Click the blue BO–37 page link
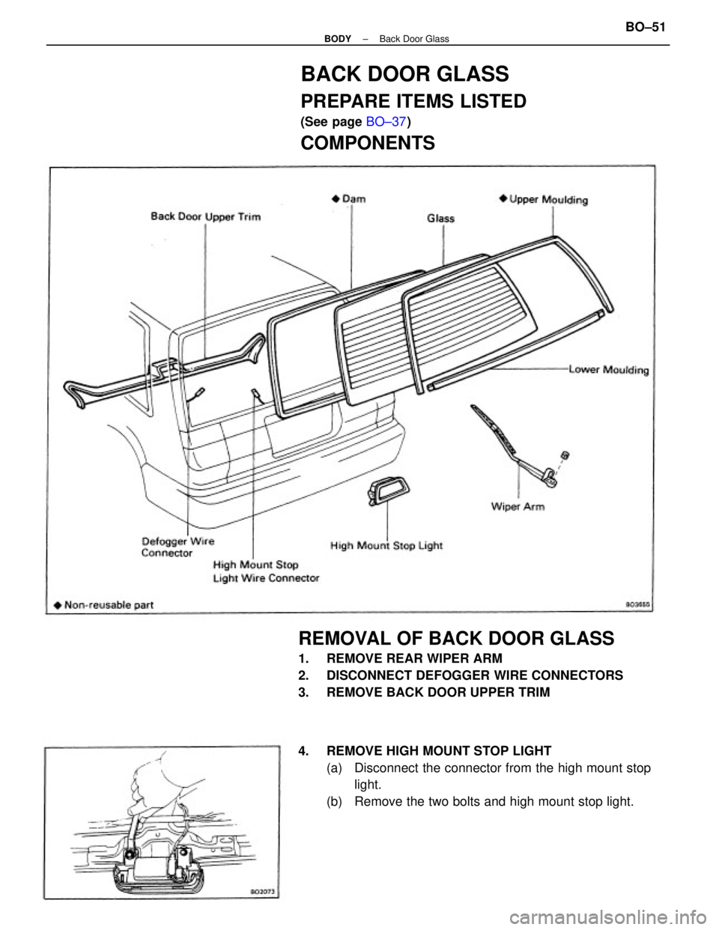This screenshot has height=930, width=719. tap(386, 121)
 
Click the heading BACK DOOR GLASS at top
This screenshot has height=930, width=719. tap(404, 74)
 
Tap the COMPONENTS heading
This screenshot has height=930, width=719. tap(367, 143)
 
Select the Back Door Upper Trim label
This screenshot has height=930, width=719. tap(205, 216)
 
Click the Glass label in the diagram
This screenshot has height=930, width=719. tap(440, 218)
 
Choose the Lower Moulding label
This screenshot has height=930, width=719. tap(608, 370)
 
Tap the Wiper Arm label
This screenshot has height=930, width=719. tap(518, 507)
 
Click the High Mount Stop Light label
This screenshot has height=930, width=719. tap(386, 545)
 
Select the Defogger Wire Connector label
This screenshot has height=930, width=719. tap(178, 547)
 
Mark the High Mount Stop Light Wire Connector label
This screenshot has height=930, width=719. tap(266, 571)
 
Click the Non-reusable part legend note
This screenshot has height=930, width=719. tap(103, 605)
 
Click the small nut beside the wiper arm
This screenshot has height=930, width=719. tap(565, 455)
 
